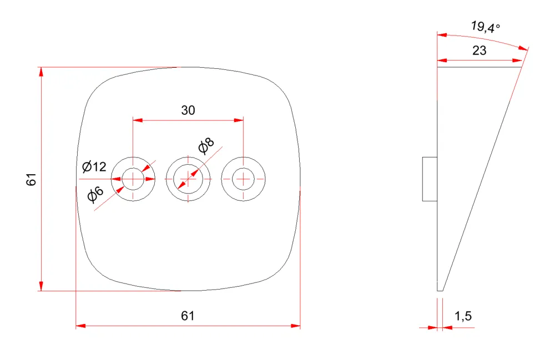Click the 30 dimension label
pos(188,110)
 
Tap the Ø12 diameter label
pos(94,166)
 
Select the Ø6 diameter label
pos(95,194)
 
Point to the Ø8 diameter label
pos(206,146)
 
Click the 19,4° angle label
pos(485,27)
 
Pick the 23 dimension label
pos(480,50)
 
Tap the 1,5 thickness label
pos(463,316)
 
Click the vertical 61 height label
pos(31,179)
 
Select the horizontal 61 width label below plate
pos(188,316)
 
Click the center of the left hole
pos(133,179)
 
